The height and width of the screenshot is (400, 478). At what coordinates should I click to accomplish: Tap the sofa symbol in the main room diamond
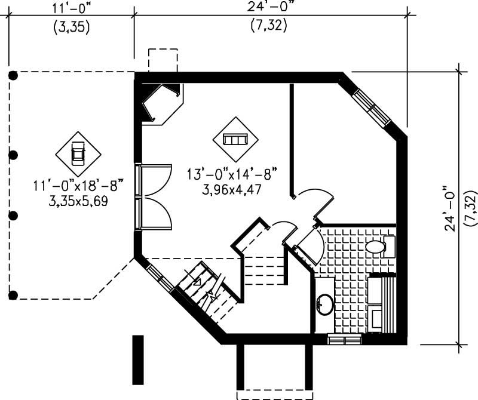[x=235, y=139]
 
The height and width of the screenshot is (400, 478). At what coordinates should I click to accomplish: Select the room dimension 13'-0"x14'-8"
[x=232, y=176]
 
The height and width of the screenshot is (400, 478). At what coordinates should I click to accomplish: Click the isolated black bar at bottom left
[x=138, y=359]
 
